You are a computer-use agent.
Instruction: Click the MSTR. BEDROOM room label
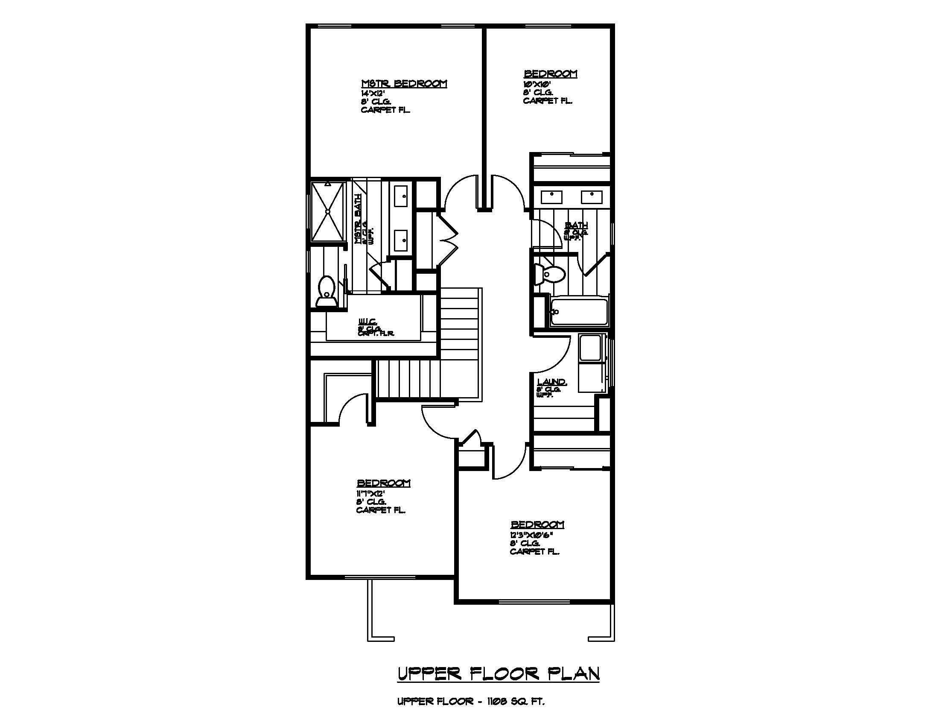[x=404, y=83]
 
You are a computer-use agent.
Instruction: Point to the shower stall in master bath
[x=328, y=211]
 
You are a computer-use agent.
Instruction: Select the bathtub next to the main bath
[x=579, y=312]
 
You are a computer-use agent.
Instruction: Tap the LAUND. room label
[x=552, y=382]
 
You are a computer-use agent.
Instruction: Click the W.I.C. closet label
[x=368, y=321]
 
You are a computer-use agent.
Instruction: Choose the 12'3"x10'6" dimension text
[x=531, y=534]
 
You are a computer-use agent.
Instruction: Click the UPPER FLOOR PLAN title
[x=498, y=674]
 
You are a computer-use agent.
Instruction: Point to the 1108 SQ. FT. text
[x=516, y=702]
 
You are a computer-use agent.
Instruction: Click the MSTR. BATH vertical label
[x=358, y=219]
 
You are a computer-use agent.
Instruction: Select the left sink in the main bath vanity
[x=551, y=197]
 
